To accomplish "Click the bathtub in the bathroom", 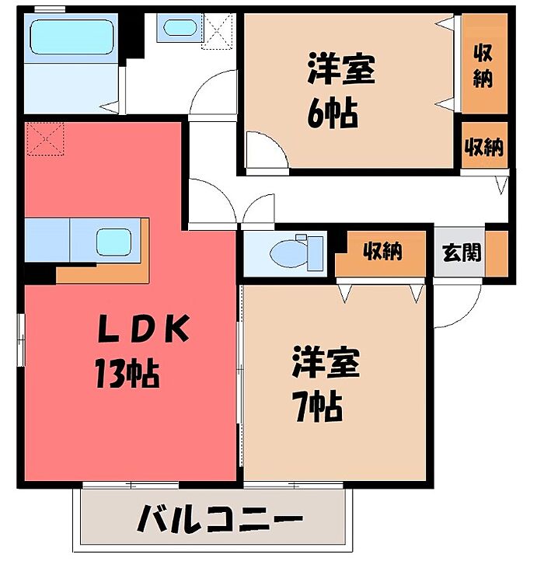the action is (x=72, y=37).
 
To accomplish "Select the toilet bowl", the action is (x=289, y=253).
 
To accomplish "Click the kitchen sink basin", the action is (x=114, y=242).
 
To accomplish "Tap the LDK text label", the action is (x=143, y=329).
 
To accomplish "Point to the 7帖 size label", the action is (x=317, y=407).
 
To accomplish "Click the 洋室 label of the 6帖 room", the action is (x=341, y=69).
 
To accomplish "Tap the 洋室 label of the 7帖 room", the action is (x=326, y=363).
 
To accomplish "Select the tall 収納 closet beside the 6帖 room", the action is (x=484, y=64).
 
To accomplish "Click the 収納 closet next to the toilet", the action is (x=381, y=253).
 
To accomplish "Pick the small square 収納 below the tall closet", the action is (x=485, y=145).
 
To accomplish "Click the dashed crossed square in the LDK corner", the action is (x=45, y=139).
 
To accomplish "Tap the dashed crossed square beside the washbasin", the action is (x=218, y=31).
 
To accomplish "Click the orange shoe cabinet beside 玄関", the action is (x=497, y=253).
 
